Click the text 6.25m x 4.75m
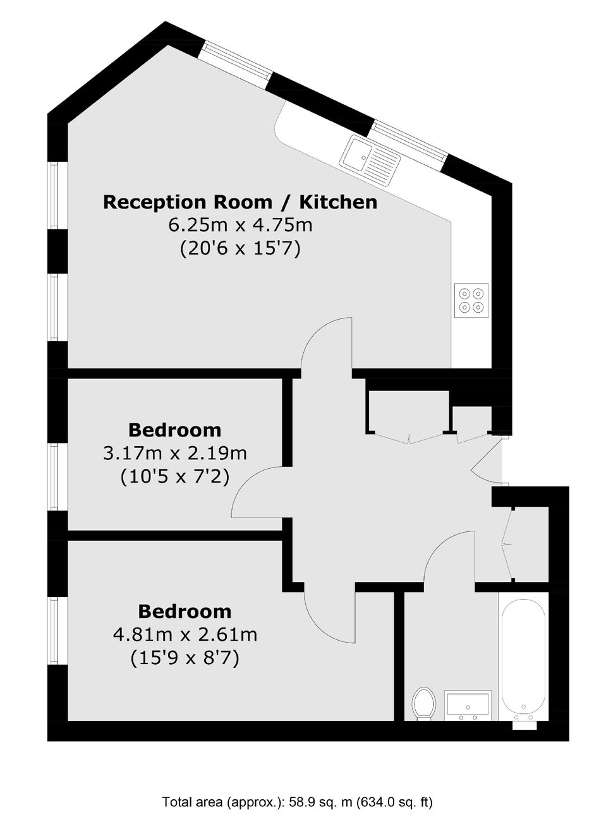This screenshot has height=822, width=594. pyautogui.click(x=241, y=225)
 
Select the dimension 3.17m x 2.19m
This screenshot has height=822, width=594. pyautogui.click(x=175, y=454)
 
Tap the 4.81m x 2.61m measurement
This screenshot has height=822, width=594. pyautogui.click(x=185, y=634)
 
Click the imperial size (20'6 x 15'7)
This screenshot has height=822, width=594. pyautogui.click(x=241, y=249)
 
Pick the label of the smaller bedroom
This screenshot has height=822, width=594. pyautogui.click(x=175, y=430)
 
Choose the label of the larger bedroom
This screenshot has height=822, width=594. pyautogui.click(x=185, y=612)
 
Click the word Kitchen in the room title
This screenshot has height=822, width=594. pyautogui.click(x=339, y=202)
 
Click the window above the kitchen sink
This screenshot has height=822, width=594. pyautogui.click(x=411, y=142)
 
